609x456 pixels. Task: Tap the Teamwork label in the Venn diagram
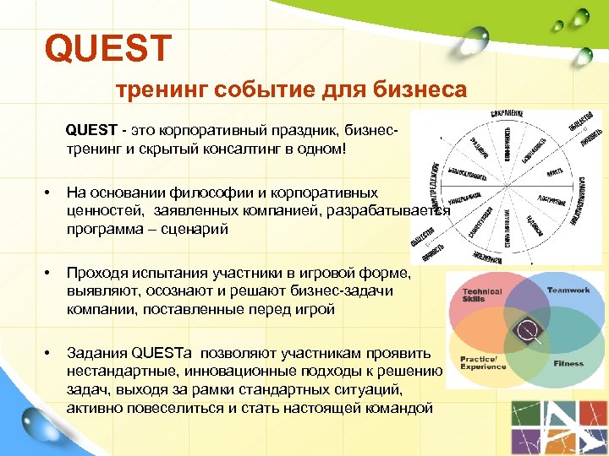[x=567, y=290]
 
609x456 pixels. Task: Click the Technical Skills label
[x=482, y=296]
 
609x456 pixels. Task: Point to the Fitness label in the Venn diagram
[x=568, y=363]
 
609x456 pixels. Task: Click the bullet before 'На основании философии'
[x=48, y=193]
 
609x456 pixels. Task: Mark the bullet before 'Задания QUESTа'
[x=48, y=352]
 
